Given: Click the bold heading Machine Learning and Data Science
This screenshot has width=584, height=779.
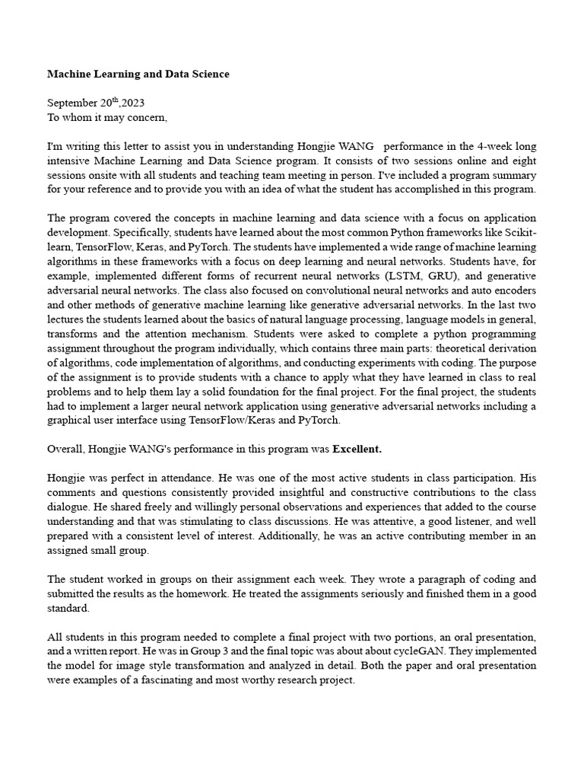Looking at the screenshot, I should pos(138,74).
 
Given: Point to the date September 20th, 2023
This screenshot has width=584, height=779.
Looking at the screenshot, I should pos(96,103).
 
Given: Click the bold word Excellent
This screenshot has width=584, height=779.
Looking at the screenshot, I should pos(357,449).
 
